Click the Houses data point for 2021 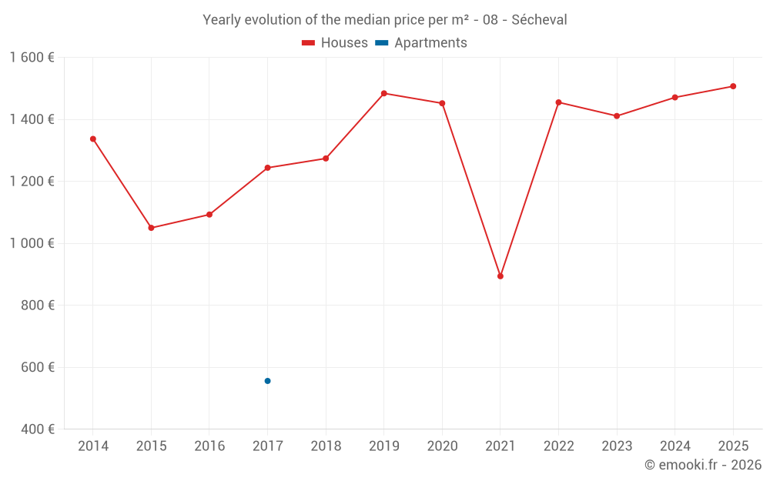500,276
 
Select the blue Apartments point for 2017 267,381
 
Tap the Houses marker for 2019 384,93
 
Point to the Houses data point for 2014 93,139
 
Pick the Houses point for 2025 733,86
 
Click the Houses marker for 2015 151,228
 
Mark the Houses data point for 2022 558,102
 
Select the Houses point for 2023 617,116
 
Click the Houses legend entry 335,43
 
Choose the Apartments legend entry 422,43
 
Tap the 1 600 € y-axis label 32,58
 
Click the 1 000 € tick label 32,243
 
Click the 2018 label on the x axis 326,446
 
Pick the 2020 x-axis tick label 442,446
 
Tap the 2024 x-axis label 675,446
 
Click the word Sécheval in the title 539,20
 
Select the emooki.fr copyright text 703,465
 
